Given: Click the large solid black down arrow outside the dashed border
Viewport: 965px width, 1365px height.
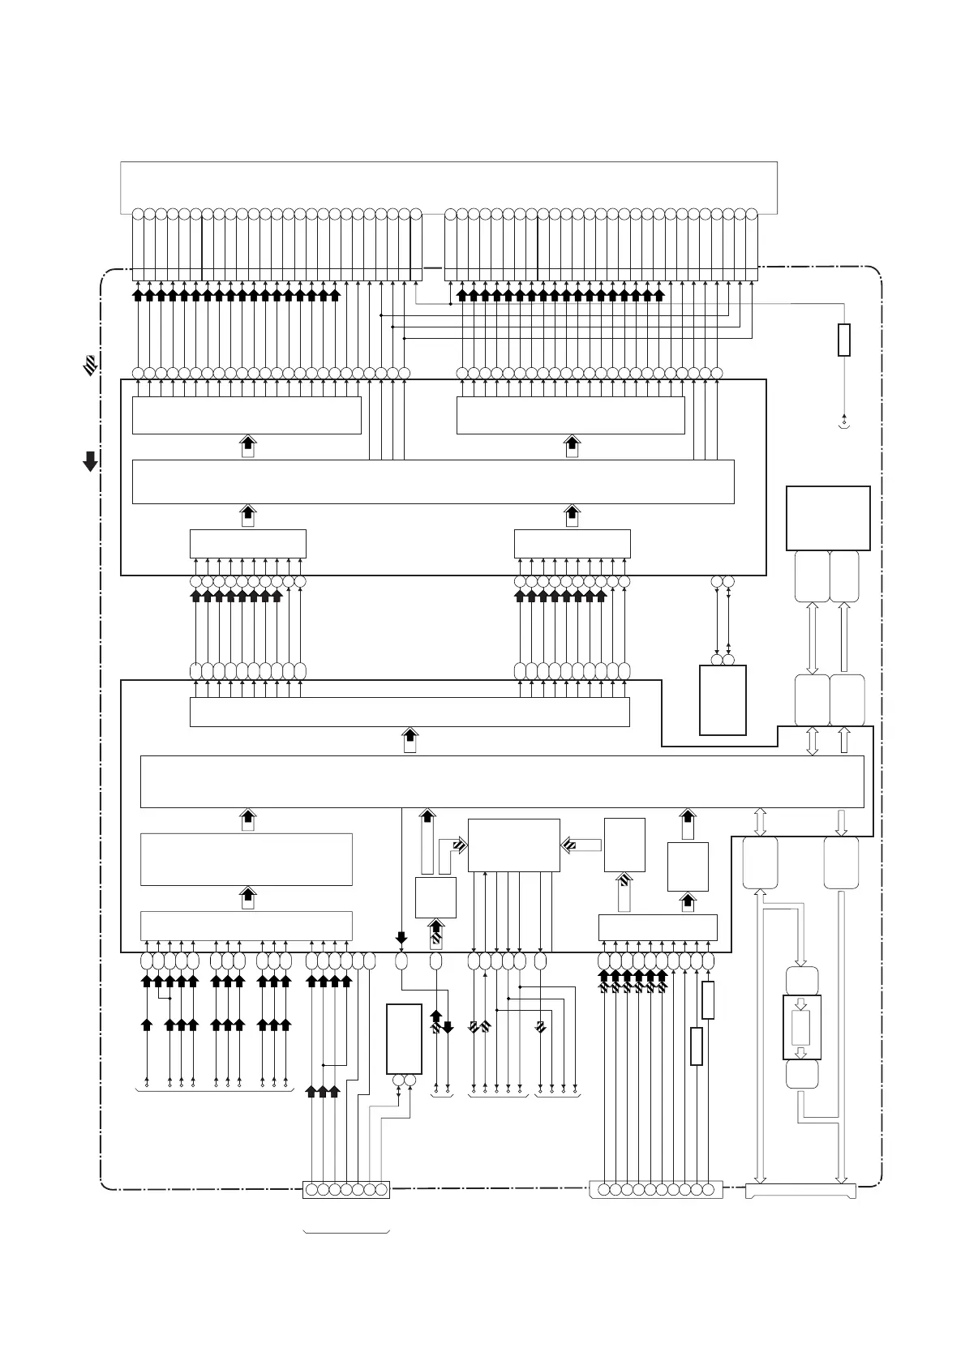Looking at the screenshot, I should coord(90,461).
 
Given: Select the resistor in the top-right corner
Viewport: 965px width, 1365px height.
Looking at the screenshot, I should coord(843,340).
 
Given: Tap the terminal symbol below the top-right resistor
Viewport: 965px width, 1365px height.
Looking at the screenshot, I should coord(844,422).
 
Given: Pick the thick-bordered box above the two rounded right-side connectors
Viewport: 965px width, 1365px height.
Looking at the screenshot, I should coord(828,518).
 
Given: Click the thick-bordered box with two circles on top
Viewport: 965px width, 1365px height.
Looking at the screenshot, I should coord(723,700).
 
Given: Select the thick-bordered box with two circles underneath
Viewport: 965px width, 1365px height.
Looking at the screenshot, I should coord(404,1038).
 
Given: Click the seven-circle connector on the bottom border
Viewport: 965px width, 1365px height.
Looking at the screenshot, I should coord(346,1190).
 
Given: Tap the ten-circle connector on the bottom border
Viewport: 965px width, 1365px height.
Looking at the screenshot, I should coord(655,1190).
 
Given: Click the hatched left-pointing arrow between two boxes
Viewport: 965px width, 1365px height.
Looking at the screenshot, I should coord(581,845).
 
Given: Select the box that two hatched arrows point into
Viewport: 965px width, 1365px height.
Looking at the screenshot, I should coord(513,845).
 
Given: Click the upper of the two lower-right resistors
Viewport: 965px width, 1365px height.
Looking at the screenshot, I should coord(708,999).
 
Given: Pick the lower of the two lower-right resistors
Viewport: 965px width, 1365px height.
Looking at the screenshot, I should coord(696,1046).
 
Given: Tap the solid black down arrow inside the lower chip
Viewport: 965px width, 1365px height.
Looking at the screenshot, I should coord(401,939).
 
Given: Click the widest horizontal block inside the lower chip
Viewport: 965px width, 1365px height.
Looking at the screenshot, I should coord(501,781).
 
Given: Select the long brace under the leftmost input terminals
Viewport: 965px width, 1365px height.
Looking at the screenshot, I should coord(215,1091).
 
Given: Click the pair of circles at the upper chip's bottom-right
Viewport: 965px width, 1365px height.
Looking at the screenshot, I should coord(723,582).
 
